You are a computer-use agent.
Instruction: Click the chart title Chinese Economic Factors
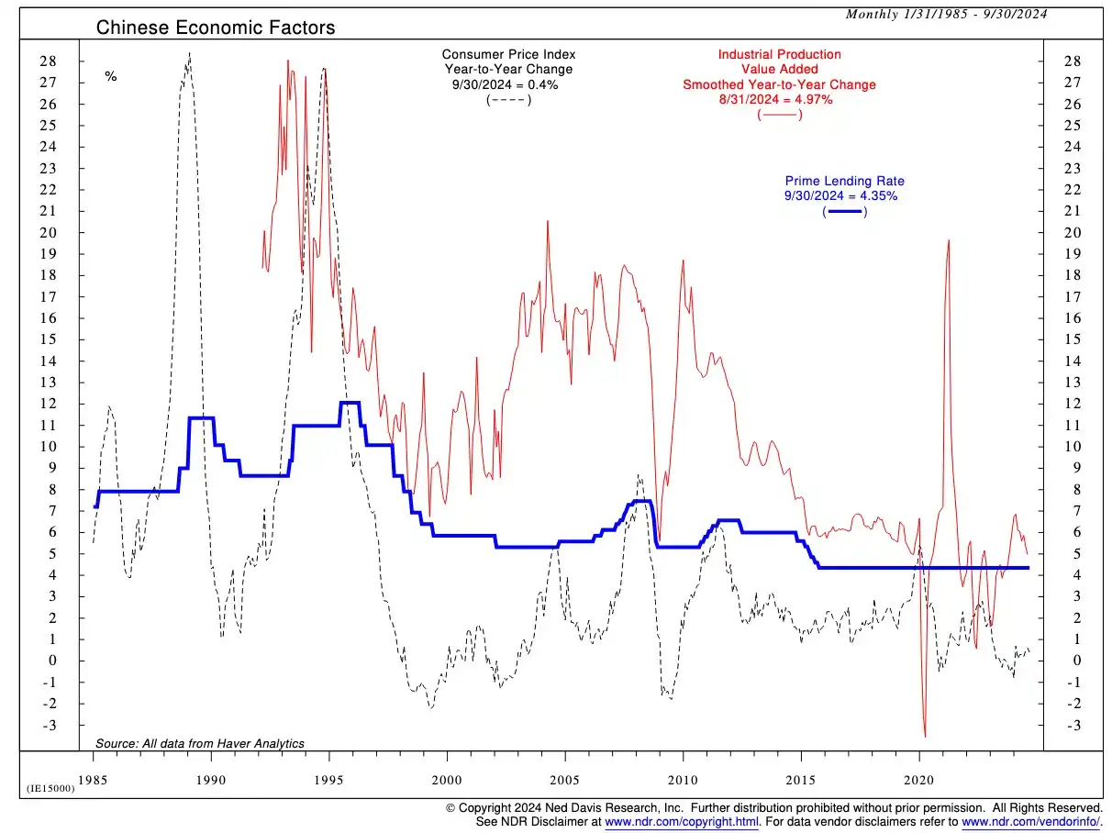tap(216, 28)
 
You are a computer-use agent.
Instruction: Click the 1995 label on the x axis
tap(329, 780)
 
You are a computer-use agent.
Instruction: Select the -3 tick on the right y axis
tap(1070, 726)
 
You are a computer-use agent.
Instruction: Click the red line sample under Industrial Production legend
tap(779, 114)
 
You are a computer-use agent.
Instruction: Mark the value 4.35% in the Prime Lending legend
tap(866, 196)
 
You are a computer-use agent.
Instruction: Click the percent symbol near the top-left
tap(111, 77)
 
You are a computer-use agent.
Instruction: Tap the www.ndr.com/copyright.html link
tap(682, 822)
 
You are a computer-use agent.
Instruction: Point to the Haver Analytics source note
tap(200, 743)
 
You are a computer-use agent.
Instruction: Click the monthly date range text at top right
tap(947, 13)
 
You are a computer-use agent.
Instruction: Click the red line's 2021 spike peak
tap(948, 240)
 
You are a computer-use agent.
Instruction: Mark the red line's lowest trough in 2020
tap(925, 736)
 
